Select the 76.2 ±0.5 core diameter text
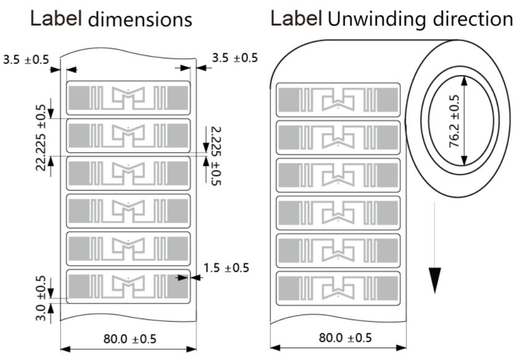click(454, 121)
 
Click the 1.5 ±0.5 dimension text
click(226, 268)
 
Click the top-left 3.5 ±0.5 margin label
click(26, 60)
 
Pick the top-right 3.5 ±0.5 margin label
click(235, 59)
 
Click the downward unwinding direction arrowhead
click(435, 280)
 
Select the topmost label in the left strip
click(128, 97)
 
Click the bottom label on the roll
click(338, 287)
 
